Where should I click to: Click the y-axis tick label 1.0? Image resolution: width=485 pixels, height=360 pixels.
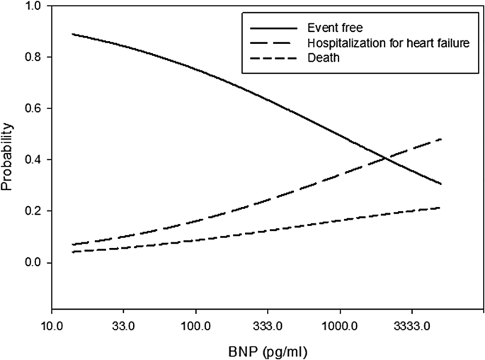coord(33,6)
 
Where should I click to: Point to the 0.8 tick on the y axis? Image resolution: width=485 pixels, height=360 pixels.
coord(33,57)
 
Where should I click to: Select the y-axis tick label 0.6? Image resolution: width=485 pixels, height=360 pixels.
coord(33,108)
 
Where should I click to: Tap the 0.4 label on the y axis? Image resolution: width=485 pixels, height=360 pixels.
coord(33,160)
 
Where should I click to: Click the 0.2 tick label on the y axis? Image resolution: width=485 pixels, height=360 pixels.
coord(33,211)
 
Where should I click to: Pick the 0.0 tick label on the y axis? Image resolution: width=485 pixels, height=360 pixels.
coord(33,263)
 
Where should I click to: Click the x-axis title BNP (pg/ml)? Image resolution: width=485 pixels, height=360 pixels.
coord(268,349)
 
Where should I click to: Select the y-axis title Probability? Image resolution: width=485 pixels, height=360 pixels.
coord(8,157)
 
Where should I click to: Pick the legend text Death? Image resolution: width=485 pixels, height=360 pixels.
coord(322,58)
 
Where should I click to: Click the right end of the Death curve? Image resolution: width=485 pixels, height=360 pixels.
coord(441,208)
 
